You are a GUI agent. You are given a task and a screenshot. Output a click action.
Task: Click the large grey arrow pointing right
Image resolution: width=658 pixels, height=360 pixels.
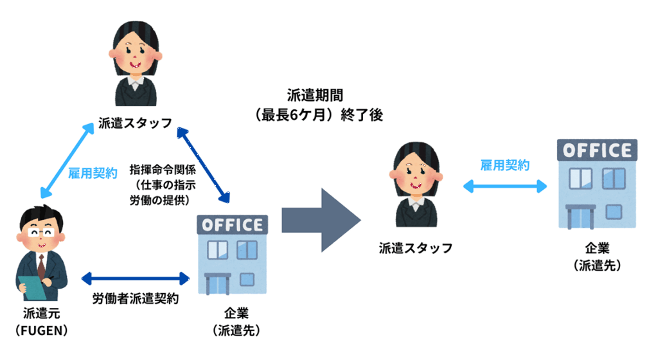320,221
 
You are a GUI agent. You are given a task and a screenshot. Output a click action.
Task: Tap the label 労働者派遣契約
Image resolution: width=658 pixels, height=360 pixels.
135,299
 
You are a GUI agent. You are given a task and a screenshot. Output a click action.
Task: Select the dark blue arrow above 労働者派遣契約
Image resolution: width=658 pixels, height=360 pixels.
136,278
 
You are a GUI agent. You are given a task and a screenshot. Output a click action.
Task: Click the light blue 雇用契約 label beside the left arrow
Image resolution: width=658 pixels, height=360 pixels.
93,172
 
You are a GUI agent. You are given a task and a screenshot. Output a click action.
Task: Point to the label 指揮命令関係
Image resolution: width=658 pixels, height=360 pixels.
163,170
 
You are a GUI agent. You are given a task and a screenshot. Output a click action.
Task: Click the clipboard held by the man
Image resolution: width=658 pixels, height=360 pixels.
30,287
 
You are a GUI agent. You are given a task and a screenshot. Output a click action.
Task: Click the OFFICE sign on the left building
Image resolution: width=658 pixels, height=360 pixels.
232,225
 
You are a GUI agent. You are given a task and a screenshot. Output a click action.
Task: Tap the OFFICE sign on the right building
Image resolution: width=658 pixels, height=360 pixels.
597,150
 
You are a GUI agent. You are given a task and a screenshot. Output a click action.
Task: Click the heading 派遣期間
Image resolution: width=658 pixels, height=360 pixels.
315,96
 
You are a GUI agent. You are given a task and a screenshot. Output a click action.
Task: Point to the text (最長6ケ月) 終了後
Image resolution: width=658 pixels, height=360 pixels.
319,116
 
